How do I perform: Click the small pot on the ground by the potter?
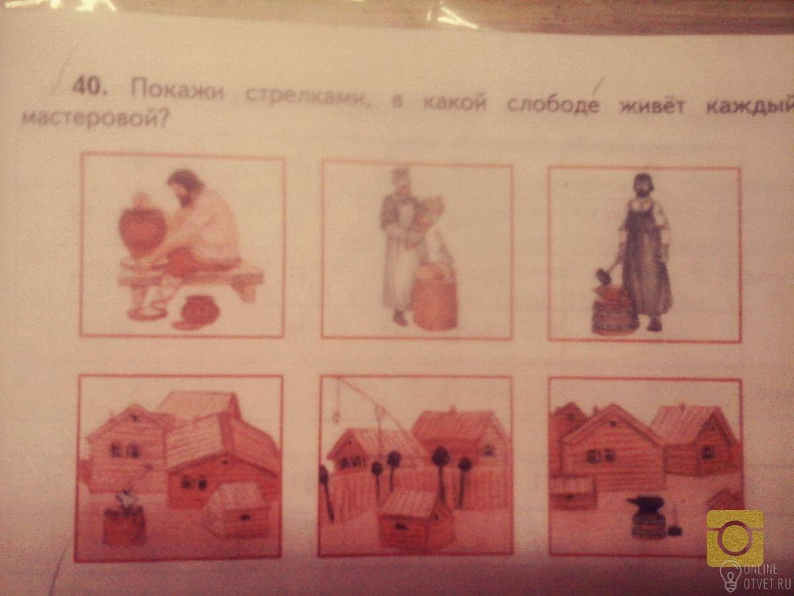[x=197, y=313]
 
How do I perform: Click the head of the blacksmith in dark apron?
[x=644, y=185]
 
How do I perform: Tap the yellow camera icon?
[x=735, y=537]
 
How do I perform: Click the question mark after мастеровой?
[x=161, y=120]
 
